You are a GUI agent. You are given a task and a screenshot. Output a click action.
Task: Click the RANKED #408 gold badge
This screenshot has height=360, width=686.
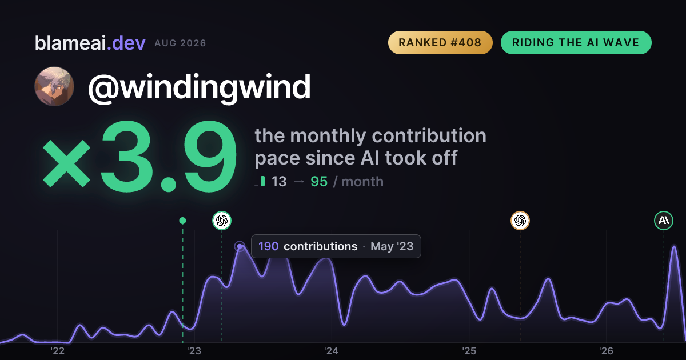coord(440,42)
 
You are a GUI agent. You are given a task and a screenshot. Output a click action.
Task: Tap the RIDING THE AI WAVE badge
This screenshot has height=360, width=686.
coord(576,42)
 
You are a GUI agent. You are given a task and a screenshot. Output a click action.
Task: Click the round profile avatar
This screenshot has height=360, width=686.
coord(54,87)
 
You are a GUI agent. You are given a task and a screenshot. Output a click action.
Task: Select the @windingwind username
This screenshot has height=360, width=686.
coord(200,87)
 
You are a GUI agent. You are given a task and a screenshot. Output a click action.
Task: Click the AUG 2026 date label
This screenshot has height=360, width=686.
coord(180,43)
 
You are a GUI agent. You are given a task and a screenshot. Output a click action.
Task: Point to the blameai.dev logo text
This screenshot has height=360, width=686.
coord(90,43)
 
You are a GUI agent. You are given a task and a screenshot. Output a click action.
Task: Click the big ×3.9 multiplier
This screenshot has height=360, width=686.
coord(139,156)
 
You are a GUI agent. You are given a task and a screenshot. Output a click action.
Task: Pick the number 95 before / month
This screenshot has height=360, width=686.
coord(319,182)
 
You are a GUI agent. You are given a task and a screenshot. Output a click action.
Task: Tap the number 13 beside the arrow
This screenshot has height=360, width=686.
coord(279,182)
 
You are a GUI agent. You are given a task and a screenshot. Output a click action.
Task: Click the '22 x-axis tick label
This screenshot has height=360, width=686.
coord(57,351)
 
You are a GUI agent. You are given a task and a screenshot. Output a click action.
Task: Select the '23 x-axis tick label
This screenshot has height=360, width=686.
coord(194,351)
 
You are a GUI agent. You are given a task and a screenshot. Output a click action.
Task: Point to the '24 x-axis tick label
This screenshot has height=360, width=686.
coord(332,351)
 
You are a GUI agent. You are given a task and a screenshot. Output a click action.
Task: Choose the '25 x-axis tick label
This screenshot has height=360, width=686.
coord(469,351)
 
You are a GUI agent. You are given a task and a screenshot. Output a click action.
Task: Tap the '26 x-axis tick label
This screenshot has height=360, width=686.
coord(606,351)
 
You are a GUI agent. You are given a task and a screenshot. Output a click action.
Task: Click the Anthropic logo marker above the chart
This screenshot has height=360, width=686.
coord(664,221)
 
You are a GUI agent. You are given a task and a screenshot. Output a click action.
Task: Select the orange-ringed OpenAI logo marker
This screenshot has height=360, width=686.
coord(520,221)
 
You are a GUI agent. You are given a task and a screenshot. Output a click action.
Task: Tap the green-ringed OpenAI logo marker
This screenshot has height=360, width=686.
coord(222,221)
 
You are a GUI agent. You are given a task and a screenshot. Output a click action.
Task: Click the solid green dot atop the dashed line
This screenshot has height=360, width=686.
coord(182,221)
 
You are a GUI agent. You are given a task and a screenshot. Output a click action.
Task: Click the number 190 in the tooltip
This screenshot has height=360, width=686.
coord(268,246)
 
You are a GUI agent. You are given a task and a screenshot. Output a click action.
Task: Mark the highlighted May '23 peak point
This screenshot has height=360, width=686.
coord(240,246)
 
